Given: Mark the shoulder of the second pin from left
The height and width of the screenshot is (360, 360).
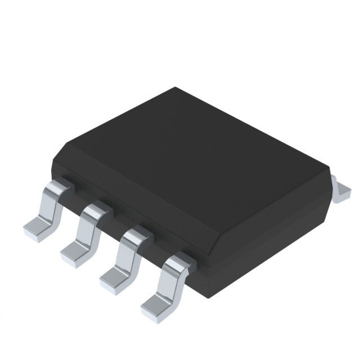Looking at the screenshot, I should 96,210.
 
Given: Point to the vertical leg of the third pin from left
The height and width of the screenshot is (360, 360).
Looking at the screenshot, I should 127,255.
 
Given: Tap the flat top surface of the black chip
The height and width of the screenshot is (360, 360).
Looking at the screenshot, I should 191,152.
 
